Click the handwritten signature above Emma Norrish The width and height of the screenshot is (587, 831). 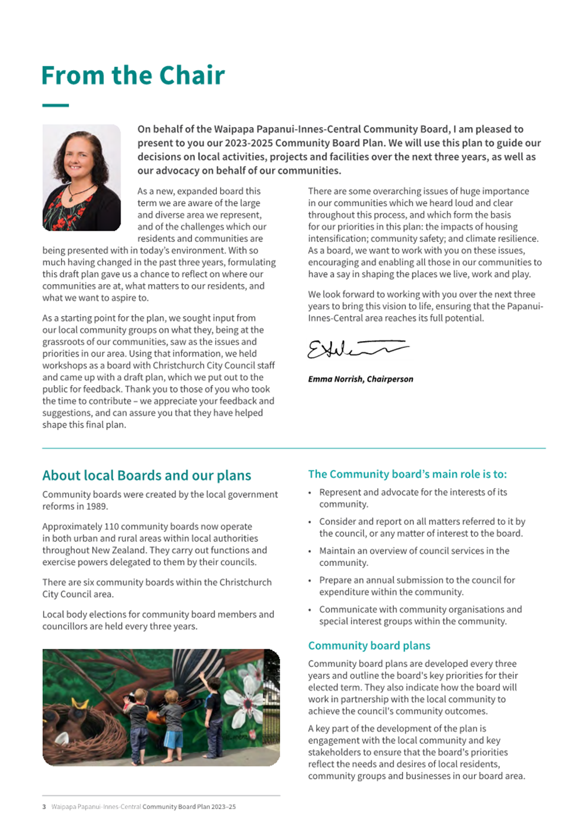(x=357, y=349)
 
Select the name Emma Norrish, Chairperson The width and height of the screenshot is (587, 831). (x=360, y=379)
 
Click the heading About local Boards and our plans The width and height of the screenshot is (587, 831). (x=146, y=476)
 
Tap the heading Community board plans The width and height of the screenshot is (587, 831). (x=369, y=645)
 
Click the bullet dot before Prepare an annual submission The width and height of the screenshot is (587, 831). (x=310, y=580)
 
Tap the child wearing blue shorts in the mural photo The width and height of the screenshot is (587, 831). (x=172, y=725)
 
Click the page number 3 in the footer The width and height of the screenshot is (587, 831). (x=44, y=807)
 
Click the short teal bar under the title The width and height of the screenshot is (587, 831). (x=55, y=106)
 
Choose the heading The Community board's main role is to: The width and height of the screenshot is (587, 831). (x=407, y=474)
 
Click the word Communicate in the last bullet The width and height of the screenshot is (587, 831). (x=346, y=609)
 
